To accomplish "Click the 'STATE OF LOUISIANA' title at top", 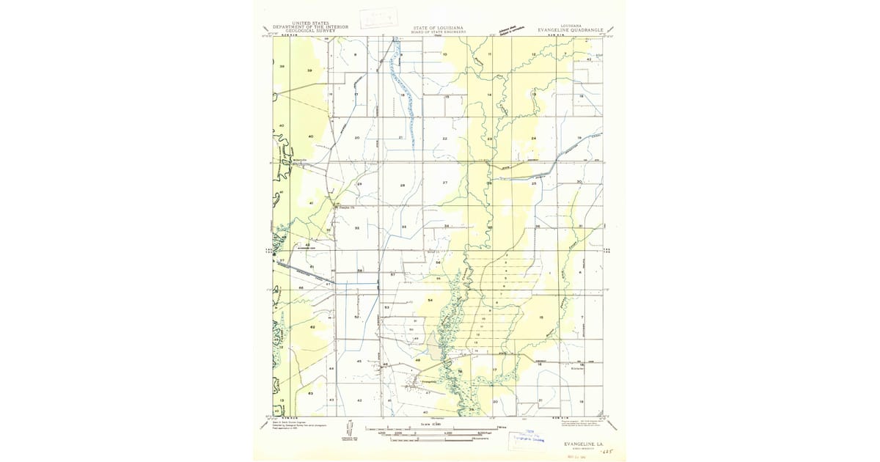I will pos(439,27).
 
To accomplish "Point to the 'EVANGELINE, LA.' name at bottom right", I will pos(584,444).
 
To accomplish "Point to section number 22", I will pos(444,139).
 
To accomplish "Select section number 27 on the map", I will pos(444,182).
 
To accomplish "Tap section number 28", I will pos(403,186).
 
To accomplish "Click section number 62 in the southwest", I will pos(312,327).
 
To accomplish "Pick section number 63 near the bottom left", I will pos(311,394).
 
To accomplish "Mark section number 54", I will pos(430,301).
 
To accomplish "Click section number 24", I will pos(533,139).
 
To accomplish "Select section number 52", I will pos(357,318).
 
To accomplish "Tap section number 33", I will pos(404,227).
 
